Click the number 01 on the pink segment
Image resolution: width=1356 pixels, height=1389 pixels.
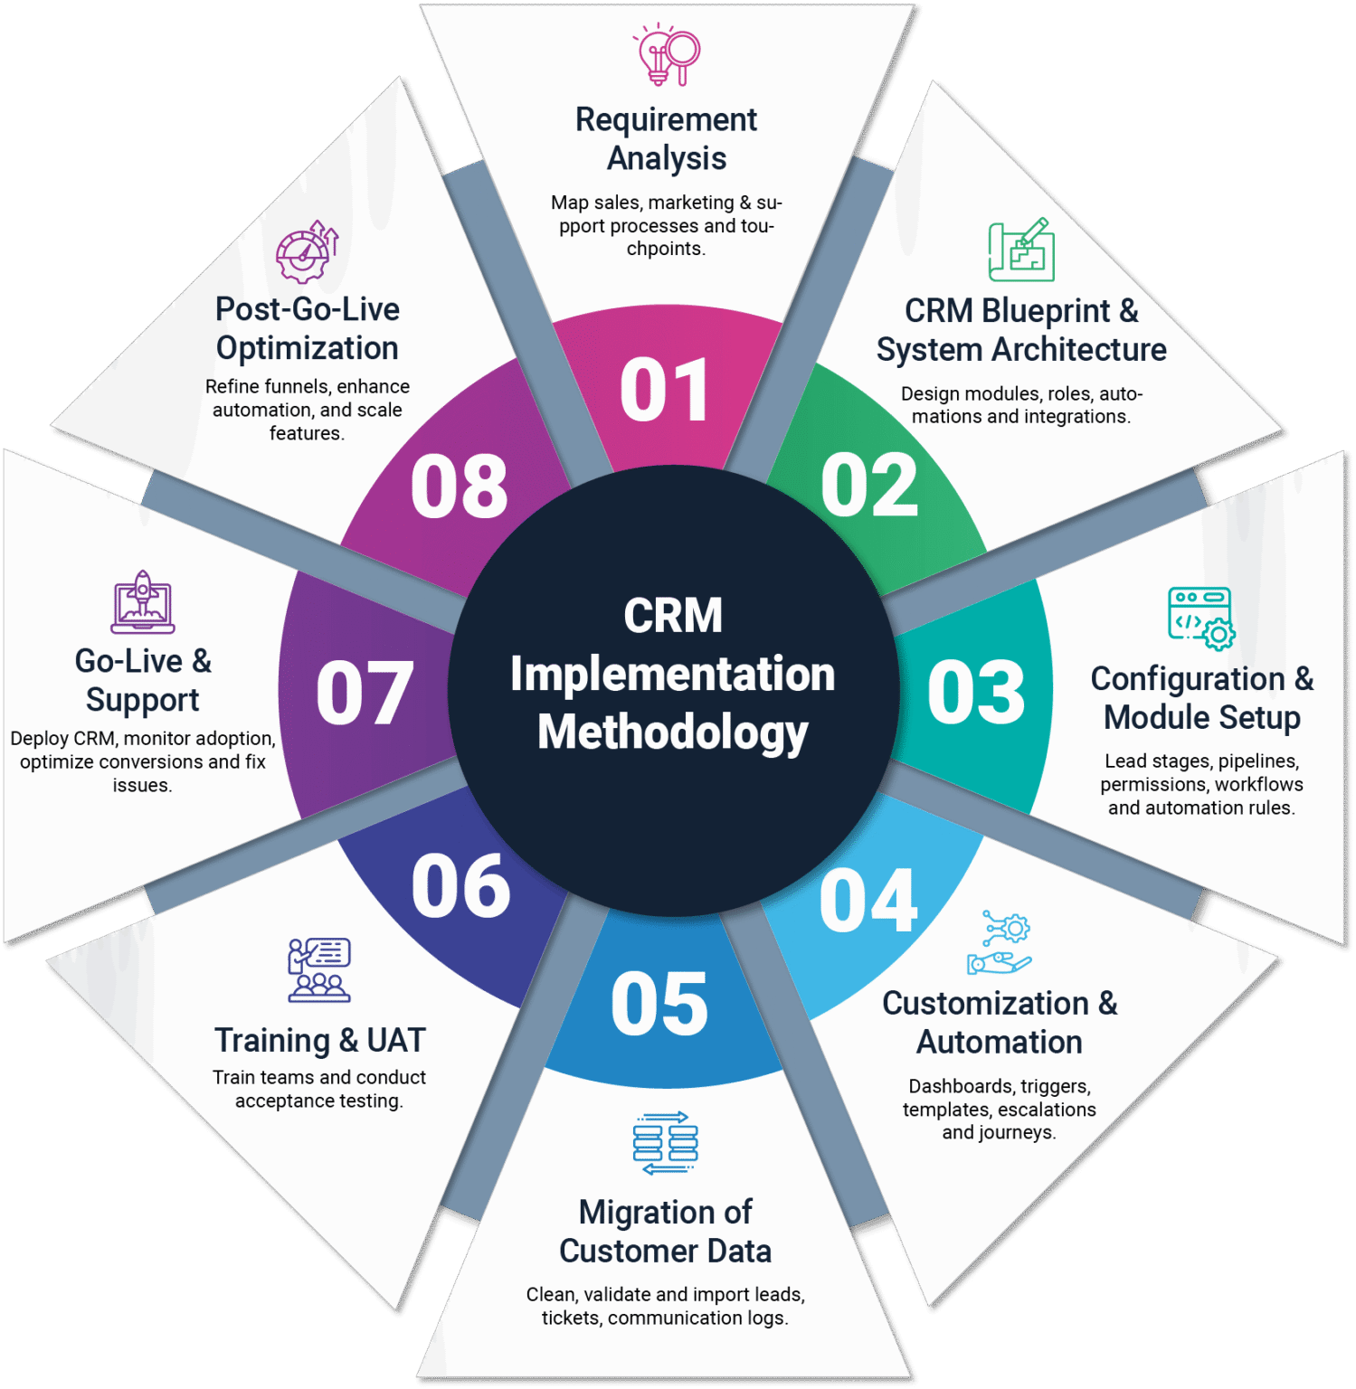[x=664, y=390]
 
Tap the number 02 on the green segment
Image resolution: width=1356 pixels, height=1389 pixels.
[x=869, y=486]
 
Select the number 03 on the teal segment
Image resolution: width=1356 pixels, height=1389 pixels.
[x=976, y=693]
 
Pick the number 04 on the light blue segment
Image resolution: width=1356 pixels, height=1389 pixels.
[x=868, y=901]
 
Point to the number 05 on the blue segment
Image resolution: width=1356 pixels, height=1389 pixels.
[x=659, y=1005]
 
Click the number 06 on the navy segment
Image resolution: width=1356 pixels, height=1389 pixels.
[x=460, y=886]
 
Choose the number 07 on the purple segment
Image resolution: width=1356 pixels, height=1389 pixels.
[x=365, y=693]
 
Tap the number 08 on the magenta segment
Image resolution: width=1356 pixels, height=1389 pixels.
[x=460, y=487]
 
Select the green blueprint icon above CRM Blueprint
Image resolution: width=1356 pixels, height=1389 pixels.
[x=1021, y=250]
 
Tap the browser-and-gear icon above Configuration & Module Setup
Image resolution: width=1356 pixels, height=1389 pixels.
[x=1201, y=619]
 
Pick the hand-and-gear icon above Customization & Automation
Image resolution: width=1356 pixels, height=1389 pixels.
[x=1000, y=942]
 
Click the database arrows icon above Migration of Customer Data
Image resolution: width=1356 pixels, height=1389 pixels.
[x=666, y=1143]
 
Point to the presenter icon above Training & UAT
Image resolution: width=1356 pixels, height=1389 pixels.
[x=318, y=969]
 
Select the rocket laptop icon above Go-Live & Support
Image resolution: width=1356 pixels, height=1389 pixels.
[x=143, y=602]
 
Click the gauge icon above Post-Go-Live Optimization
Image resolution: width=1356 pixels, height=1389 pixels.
[x=307, y=251]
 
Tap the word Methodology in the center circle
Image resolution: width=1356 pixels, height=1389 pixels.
[x=672, y=732]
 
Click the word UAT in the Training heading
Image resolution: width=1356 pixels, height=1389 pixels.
[x=396, y=1040]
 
